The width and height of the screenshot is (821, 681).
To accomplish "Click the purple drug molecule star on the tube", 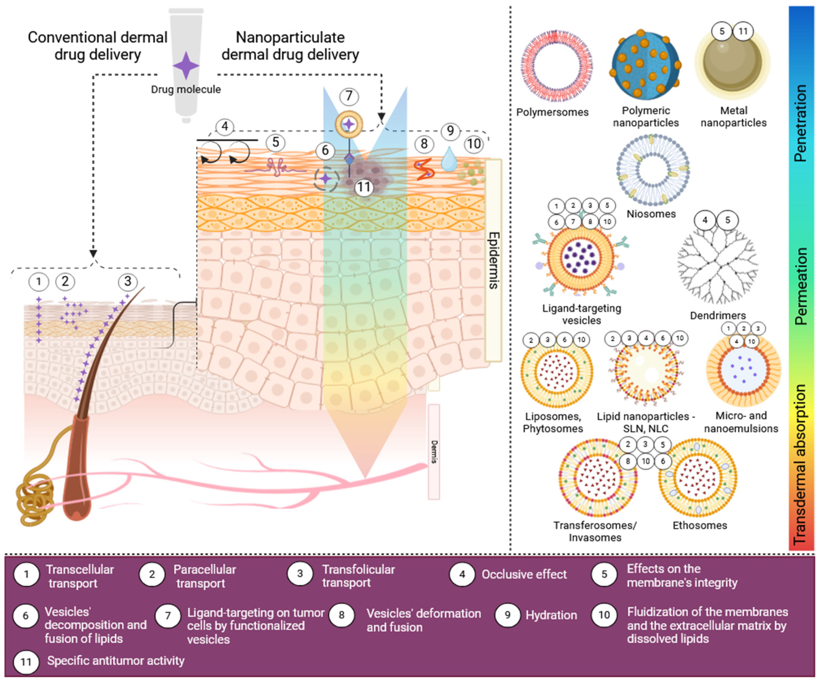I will coord(186,66).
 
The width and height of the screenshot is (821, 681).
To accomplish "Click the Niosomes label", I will coord(651,214).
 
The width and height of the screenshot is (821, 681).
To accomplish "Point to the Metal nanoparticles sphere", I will coord(732,62).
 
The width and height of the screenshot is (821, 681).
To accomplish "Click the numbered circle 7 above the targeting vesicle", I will coord(349,96).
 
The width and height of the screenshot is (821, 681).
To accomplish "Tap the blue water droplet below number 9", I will coord(449,160).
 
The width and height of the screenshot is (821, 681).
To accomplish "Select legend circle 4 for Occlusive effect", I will coord(462,574).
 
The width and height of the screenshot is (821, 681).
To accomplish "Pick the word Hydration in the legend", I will coord(551,615).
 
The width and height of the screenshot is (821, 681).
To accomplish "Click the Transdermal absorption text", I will coord(800,465).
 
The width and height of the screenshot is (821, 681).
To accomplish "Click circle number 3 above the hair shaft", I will coord(127,281).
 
